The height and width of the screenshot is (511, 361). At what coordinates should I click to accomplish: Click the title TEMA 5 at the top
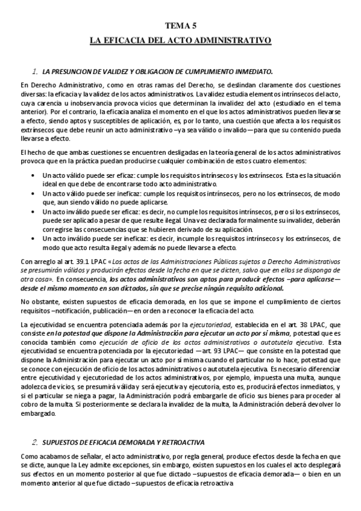pos(180,25)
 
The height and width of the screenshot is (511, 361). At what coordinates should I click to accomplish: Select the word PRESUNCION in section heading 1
pos(80,71)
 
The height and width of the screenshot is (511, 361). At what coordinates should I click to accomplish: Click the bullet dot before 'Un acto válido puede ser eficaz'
pos(32,175)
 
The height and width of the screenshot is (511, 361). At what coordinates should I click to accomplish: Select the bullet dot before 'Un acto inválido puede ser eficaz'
pos(32,213)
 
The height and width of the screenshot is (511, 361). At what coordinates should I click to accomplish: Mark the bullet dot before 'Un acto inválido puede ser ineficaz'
pos(32,239)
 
